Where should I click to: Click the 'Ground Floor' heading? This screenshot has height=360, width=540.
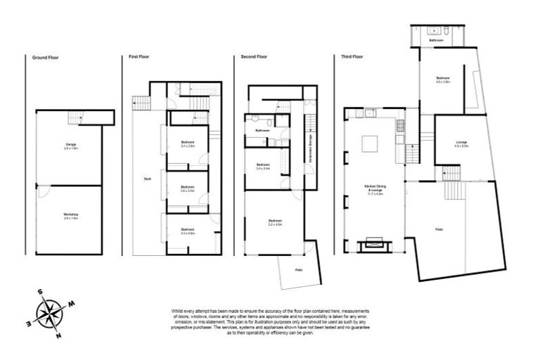[x=43, y=56]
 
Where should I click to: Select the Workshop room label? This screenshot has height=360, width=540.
[x=71, y=215]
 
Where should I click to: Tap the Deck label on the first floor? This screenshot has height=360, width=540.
[x=147, y=179]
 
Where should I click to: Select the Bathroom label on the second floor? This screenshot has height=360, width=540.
[x=263, y=131]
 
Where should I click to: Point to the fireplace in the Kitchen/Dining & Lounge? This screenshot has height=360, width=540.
[x=370, y=245]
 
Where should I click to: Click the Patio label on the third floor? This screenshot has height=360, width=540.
[x=439, y=230]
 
